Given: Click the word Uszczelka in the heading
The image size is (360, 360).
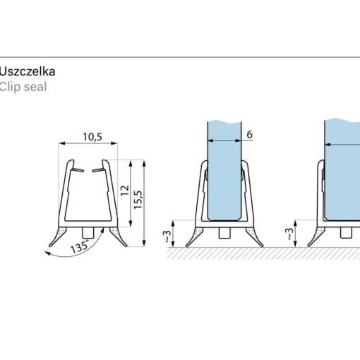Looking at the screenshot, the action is click(27, 71).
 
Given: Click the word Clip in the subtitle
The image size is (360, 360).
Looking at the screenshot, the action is click(9, 87).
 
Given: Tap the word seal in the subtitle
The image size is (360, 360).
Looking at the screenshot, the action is click(35, 87).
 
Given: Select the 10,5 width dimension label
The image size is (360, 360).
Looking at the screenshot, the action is click(92, 137).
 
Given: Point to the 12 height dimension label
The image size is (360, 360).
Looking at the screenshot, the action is click(125, 191).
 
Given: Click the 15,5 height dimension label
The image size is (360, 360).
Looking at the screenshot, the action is click(138, 200).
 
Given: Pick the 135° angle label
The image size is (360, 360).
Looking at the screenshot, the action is click(80, 246).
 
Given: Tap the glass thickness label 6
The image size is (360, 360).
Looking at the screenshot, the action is click(249, 135).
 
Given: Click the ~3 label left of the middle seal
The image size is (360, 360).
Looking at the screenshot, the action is click(167, 236).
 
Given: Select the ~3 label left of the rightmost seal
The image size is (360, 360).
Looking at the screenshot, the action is click(289, 234).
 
